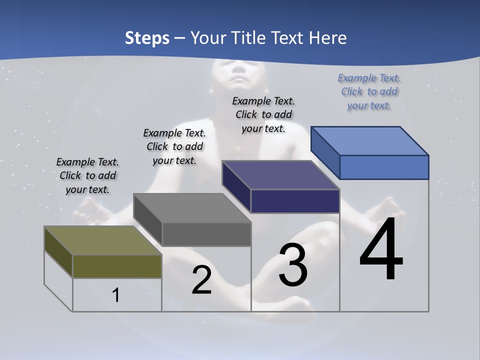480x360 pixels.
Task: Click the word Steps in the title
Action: (147, 38)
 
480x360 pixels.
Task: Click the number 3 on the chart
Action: (293, 265)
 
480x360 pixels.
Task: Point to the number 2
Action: (201, 280)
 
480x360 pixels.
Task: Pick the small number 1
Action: (116, 295)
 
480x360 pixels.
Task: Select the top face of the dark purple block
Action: (280, 175)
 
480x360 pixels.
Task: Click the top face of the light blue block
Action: (370, 140)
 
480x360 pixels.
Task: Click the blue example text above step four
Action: (369, 91)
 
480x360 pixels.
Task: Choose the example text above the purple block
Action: (263, 114)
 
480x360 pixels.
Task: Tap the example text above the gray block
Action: (174, 146)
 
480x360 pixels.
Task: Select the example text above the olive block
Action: (87, 175)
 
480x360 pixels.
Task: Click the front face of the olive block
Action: (117, 266)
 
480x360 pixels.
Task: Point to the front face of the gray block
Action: (206, 234)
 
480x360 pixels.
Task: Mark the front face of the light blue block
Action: (384, 167)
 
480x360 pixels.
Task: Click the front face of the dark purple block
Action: (295, 201)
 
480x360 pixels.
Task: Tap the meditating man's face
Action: (238, 73)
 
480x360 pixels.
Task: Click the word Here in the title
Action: (328, 38)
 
